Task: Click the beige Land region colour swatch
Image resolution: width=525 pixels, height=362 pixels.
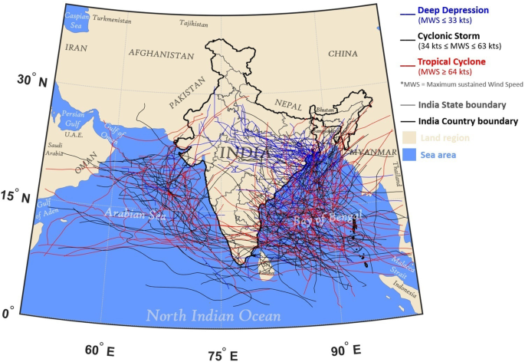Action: [412, 137]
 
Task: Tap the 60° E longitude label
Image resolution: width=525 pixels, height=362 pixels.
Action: [99, 350]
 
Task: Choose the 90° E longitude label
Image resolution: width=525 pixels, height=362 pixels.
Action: [346, 350]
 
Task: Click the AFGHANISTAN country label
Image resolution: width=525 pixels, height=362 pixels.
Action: [161, 54]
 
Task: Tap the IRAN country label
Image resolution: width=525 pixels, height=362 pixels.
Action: [77, 48]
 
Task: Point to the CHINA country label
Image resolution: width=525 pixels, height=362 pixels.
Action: [343, 54]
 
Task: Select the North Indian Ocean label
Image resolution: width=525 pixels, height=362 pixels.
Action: [214, 315]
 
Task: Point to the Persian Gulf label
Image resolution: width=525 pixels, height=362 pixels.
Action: [72, 118]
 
